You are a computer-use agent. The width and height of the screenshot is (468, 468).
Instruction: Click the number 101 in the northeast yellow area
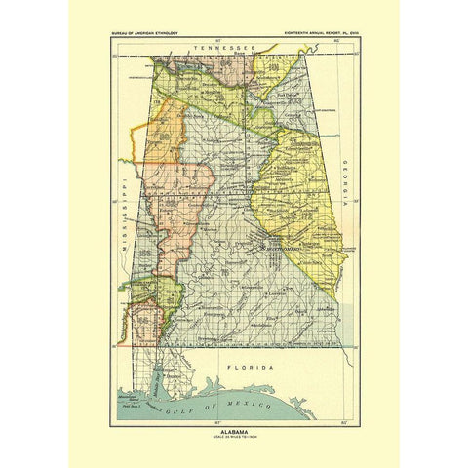(x=282, y=69)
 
